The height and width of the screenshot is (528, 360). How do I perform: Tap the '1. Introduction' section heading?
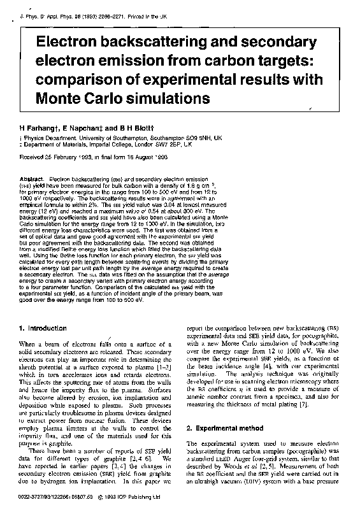(43, 329)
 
